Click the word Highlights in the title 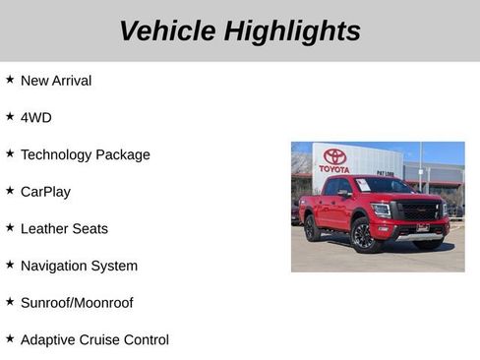(x=292, y=30)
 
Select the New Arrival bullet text (x=56, y=81)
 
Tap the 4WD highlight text (x=36, y=117)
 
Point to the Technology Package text (x=86, y=154)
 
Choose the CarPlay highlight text (x=45, y=192)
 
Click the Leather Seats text (x=64, y=228)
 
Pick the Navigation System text (x=79, y=266)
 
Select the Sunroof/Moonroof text (x=77, y=303)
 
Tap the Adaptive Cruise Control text (x=94, y=339)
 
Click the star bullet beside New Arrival (x=10, y=79)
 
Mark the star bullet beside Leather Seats (x=10, y=227)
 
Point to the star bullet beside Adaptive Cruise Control (x=10, y=338)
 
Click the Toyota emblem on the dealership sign (x=334, y=156)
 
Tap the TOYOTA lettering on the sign (x=334, y=169)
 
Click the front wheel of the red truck (x=362, y=236)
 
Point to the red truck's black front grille (x=417, y=210)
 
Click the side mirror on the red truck (x=345, y=194)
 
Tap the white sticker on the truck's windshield (x=363, y=185)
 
